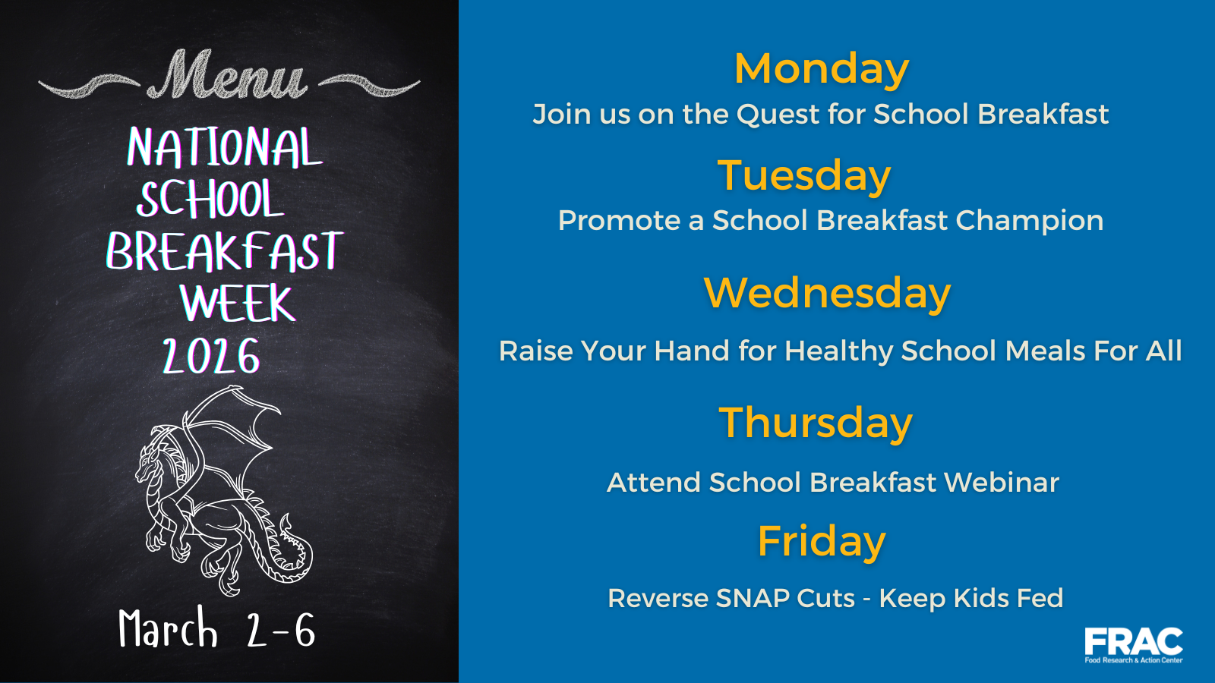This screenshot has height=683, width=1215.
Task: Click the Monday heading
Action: click(x=821, y=69)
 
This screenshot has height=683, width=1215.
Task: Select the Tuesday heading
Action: click(x=804, y=176)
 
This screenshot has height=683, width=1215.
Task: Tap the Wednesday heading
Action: click(x=827, y=293)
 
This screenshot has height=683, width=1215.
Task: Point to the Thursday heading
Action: click(x=816, y=423)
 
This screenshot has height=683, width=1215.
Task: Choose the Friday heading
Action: click(x=821, y=542)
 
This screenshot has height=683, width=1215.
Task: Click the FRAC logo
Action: click(x=1134, y=645)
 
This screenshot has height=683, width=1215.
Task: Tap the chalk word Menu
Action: click(x=228, y=75)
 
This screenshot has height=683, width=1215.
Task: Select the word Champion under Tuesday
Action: click(x=1030, y=221)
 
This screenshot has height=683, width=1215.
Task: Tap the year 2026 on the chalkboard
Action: click(x=212, y=356)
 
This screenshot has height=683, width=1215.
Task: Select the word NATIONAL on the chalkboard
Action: click(x=225, y=147)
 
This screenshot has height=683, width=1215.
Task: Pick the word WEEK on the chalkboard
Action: click(x=238, y=303)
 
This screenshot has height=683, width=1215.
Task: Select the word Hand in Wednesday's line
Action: click(x=692, y=351)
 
